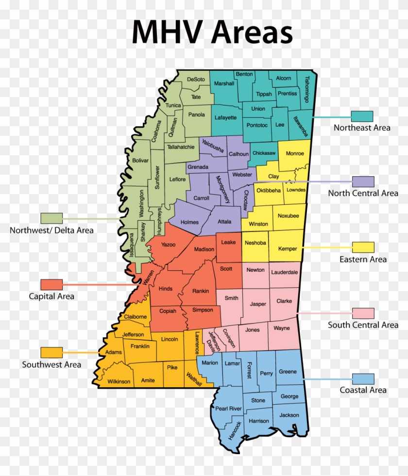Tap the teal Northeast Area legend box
362,116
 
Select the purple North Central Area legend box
363,181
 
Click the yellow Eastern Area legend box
363,247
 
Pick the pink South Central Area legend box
363,313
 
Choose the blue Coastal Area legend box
363,379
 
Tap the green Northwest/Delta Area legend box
51,218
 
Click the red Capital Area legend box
51,284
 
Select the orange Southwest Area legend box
51,353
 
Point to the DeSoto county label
196,79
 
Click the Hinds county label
166,289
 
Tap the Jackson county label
289,415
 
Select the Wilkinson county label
119,381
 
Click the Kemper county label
288,249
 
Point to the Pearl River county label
228,409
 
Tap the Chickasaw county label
264,153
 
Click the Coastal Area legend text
363,390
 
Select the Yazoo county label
168,245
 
